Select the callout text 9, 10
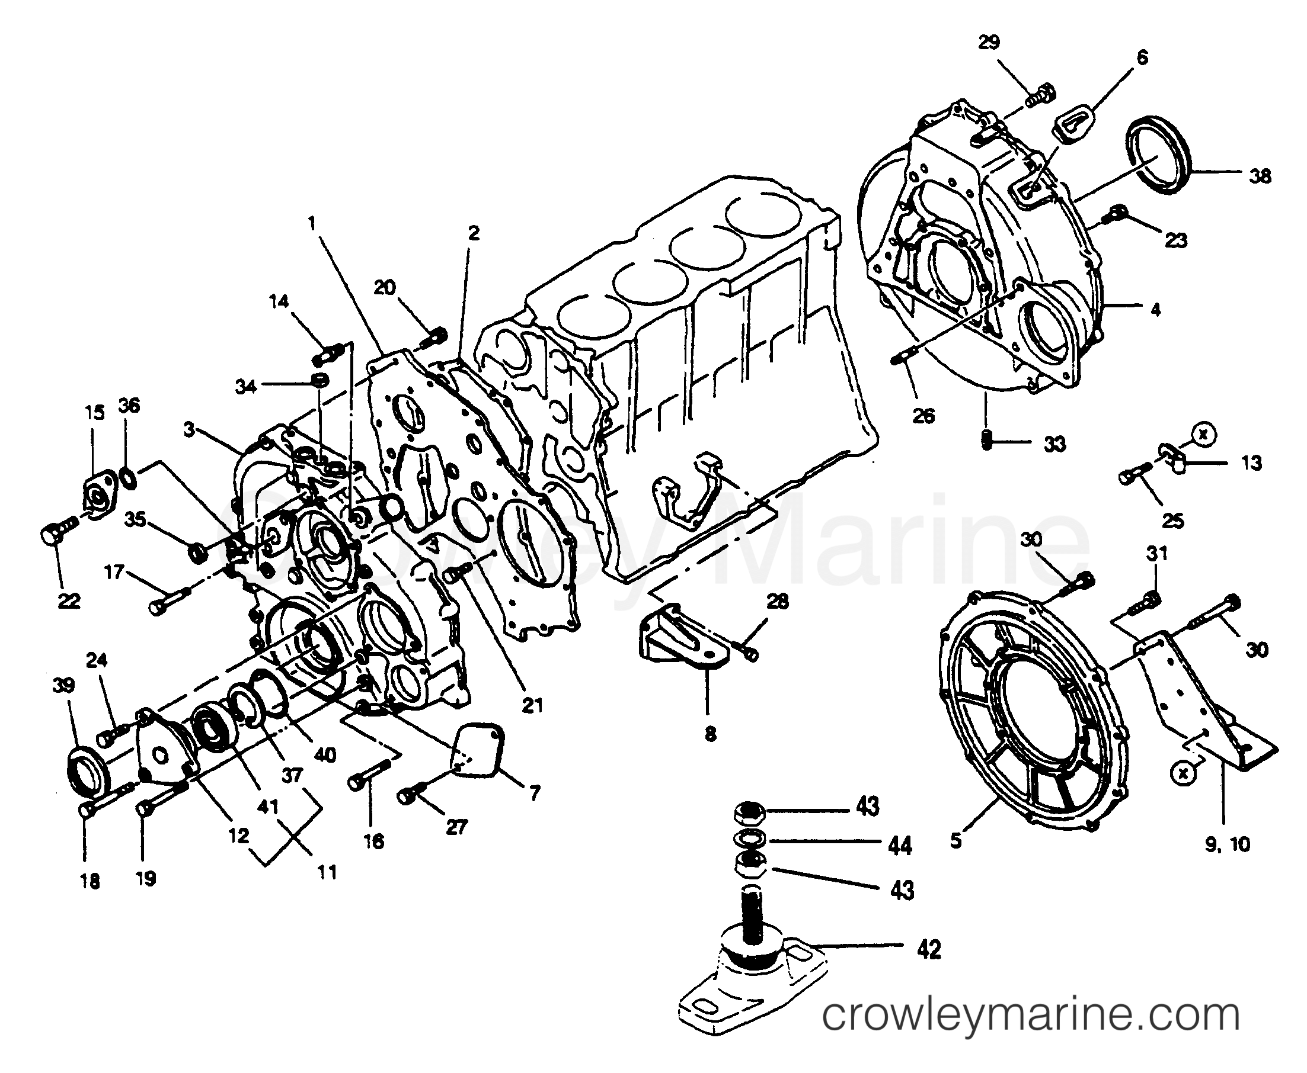(1227, 845)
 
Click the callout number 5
(956, 841)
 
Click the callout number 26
(923, 416)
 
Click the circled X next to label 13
(1203, 434)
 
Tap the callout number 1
(312, 223)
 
